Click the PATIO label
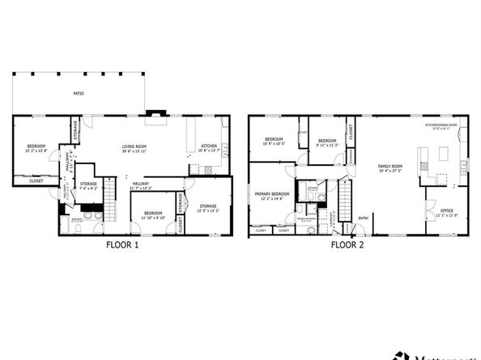pos(79,94)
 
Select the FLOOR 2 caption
pos(347,244)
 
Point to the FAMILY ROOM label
pos(390,166)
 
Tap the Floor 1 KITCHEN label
pos(209,146)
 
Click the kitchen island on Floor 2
pos(443,153)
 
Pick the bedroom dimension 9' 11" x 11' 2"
pos(326,146)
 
